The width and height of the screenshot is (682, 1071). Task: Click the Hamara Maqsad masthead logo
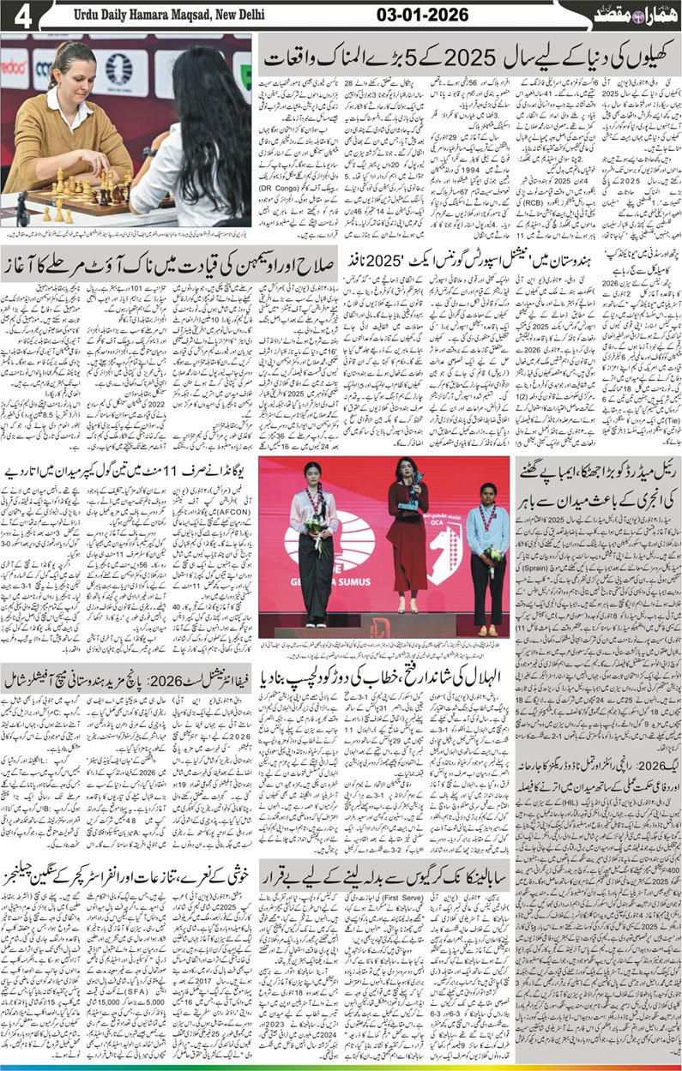click(x=626, y=16)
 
